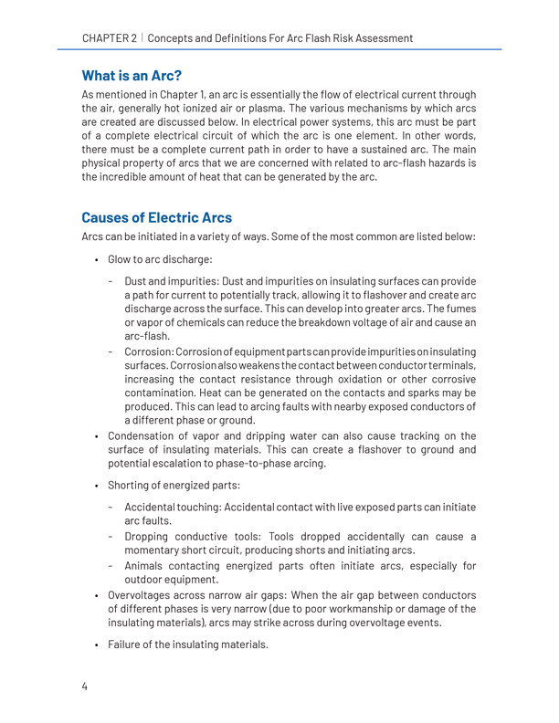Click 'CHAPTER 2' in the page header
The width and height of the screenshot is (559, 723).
[109, 38]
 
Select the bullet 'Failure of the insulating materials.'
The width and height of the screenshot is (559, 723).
[188, 670]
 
